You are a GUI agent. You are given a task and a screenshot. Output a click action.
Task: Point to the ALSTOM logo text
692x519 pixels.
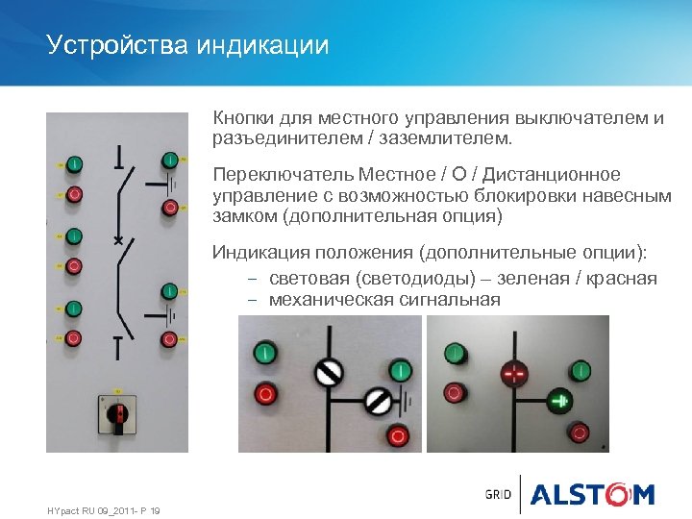click(592, 495)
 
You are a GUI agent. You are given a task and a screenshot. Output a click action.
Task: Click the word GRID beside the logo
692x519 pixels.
click(498, 495)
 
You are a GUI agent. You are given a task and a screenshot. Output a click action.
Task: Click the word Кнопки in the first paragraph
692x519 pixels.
click(244, 119)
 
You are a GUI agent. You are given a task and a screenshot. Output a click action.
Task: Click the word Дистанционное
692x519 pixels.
click(552, 175)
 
